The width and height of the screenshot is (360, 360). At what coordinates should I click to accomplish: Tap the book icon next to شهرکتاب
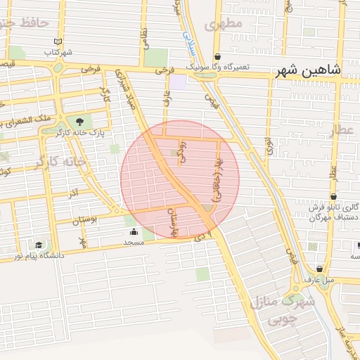58,42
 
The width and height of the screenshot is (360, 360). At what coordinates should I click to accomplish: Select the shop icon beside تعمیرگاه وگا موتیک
217,57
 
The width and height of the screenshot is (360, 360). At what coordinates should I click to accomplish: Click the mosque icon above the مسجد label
133,231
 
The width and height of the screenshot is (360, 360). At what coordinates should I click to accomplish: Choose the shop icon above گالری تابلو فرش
333,196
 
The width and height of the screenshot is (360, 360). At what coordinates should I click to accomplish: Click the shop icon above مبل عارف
319,269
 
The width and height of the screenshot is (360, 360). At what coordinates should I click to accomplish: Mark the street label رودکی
183,152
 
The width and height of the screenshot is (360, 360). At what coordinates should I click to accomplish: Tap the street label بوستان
85,220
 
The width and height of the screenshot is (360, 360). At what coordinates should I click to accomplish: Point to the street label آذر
73,191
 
